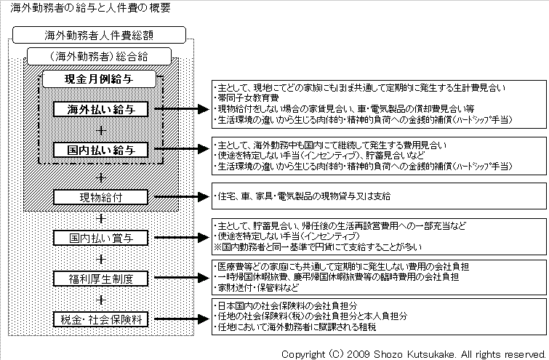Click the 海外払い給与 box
101,109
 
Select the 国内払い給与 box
101,150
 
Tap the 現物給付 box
101,197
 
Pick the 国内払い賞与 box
101,238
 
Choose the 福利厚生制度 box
101,279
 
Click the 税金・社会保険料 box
101,319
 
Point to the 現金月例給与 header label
99,79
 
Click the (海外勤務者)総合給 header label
99,57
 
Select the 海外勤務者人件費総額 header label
99,35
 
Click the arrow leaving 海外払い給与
182,109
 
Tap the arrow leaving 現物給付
182,197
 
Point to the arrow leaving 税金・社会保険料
182,319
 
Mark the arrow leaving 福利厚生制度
182,278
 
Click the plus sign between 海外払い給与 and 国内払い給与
101,131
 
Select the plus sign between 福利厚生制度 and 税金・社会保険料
101,300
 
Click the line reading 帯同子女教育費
247,98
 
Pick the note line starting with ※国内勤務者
318,247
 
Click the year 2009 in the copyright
358,354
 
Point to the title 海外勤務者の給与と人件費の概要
90,8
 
